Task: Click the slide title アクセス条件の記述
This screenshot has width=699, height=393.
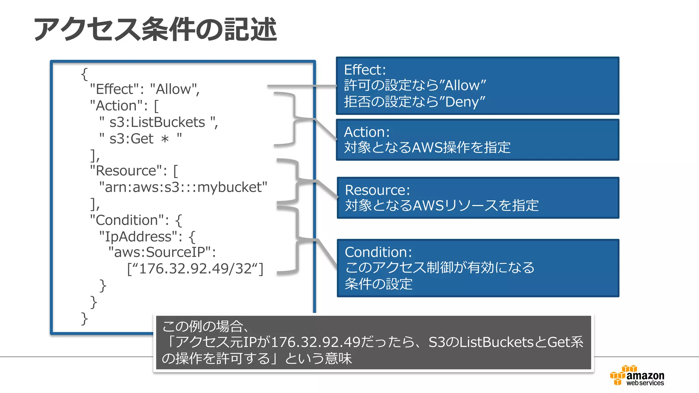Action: (x=155, y=29)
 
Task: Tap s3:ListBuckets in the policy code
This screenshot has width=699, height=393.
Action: (x=157, y=122)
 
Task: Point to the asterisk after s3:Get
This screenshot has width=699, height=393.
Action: (x=165, y=140)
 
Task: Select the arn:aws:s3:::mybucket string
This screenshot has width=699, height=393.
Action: (x=183, y=187)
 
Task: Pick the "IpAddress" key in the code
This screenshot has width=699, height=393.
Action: (x=138, y=236)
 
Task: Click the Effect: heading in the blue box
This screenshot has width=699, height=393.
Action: (x=365, y=70)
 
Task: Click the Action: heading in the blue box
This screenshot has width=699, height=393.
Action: (x=367, y=132)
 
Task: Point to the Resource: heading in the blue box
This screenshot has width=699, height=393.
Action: (x=377, y=190)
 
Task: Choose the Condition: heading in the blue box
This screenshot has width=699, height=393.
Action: (x=378, y=252)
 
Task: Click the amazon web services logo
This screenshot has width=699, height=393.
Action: (x=637, y=376)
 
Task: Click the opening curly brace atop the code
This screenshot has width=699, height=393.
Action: (x=84, y=74)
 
